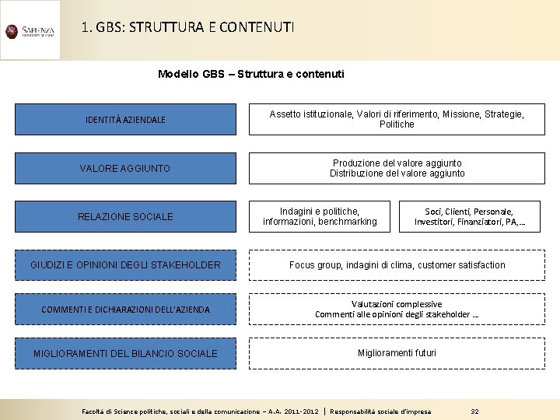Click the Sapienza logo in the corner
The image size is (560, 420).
[x=30, y=31]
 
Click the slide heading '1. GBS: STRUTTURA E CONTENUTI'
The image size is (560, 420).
[x=187, y=28]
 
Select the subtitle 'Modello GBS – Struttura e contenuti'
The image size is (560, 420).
[x=250, y=74]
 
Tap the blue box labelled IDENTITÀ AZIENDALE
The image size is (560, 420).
[x=125, y=120]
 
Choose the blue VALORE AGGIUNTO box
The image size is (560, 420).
[x=125, y=168]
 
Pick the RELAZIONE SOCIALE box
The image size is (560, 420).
[x=125, y=216]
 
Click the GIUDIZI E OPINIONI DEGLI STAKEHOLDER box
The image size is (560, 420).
[x=125, y=265]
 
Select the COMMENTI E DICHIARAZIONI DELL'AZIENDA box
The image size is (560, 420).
[x=125, y=310]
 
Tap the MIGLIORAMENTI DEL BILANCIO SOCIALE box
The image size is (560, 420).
[x=125, y=353]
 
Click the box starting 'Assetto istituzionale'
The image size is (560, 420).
[x=397, y=119]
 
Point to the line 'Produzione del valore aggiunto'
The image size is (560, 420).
[x=397, y=163]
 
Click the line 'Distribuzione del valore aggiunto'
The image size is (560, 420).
[x=397, y=173]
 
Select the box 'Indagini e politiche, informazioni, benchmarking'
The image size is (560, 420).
[x=320, y=216]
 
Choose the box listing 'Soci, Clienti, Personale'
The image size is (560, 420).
[x=469, y=216]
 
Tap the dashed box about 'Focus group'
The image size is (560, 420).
[x=397, y=265]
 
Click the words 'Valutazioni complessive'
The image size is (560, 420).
[x=397, y=304]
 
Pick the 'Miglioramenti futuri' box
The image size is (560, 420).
[x=397, y=353]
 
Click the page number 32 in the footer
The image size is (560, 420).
[x=474, y=411]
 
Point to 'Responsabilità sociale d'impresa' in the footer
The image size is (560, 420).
[x=380, y=411]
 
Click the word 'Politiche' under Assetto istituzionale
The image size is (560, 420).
[x=397, y=124]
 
